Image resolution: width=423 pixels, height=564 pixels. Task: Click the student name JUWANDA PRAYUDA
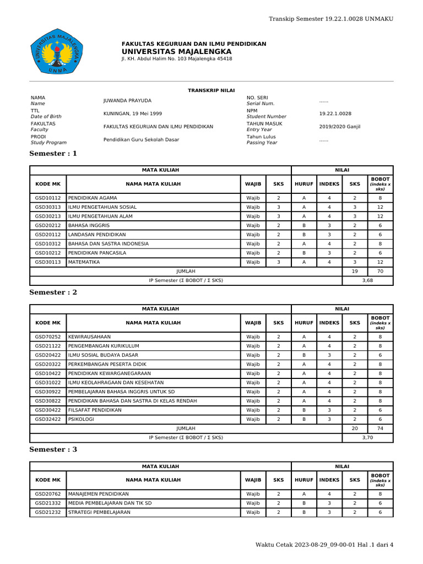(x=127, y=100)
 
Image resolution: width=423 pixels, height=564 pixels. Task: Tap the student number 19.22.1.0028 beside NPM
(x=335, y=113)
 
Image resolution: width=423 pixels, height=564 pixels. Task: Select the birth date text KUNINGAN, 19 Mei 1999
(x=133, y=113)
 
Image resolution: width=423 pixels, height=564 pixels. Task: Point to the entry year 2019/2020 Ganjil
(x=339, y=127)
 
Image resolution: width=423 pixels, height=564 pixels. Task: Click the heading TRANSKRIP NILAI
(x=211, y=89)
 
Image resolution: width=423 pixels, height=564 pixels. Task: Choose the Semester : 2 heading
(x=53, y=292)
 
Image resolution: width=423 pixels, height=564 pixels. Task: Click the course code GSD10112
(x=48, y=198)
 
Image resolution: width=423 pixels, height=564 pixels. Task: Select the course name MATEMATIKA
(x=84, y=262)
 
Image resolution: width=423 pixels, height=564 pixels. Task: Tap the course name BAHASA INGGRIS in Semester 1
(x=89, y=225)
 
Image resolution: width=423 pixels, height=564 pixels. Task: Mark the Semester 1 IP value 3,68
(x=367, y=280)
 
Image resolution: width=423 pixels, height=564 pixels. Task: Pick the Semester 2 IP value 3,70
(x=367, y=437)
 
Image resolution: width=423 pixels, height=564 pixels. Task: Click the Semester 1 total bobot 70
(x=380, y=272)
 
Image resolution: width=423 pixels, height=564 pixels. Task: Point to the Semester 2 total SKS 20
(x=355, y=429)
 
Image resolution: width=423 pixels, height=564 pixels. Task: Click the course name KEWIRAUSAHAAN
(x=89, y=337)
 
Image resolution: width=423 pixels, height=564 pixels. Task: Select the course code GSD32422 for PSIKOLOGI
(x=48, y=419)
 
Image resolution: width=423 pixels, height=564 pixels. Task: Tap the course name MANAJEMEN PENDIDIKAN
(x=98, y=494)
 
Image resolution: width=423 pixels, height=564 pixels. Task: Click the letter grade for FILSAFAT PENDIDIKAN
(x=303, y=410)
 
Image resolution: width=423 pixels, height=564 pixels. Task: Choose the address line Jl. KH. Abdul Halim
(x=176, y=58)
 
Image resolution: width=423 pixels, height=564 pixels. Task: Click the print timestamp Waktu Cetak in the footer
(x=324, y=545)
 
